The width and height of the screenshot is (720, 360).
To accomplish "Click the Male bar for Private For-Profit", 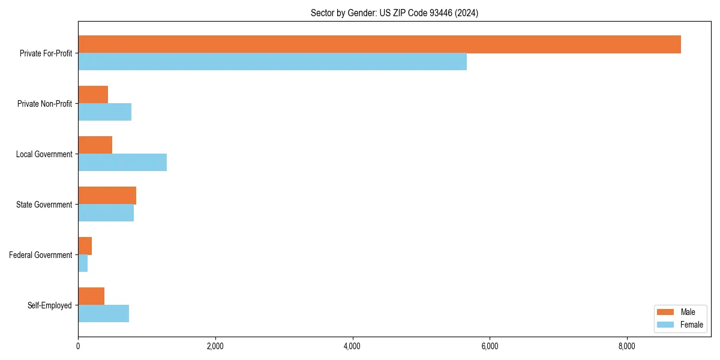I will tap(379, 44).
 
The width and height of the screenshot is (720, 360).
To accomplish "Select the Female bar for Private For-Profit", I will tap(272, 61).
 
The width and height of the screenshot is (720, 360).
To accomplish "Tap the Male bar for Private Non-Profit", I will tap(93, 95).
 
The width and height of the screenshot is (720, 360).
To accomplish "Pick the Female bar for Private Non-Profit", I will tap(104, 112).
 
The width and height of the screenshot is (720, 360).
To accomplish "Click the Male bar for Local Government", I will tap(95, 145).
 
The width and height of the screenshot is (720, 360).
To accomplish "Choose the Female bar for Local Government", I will tap(122, 162).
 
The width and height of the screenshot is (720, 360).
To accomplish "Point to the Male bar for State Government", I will tap(107, 196).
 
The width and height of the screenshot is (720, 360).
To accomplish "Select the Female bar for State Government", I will tap(106, 212).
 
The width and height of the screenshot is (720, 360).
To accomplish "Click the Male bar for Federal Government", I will tap(85, 246).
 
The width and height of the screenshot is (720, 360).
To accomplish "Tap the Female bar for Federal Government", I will tap(83, 263).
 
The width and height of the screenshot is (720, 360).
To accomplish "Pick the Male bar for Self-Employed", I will tap(91, 296).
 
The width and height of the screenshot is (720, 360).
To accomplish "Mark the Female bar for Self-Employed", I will tap(103, 313).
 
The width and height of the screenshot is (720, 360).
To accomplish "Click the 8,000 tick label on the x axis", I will tap(627, 346).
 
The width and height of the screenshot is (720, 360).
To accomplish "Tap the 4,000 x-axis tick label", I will tap(352, 346).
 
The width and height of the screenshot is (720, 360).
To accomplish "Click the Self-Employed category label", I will tap(50, 305).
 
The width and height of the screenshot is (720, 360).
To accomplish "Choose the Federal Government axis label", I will tap(41, 255).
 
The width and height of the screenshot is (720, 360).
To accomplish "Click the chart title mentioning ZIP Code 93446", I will tap(394, 13).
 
